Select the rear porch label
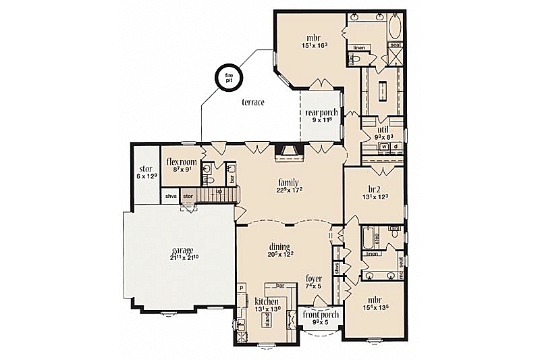[321, 113]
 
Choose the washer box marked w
[383, 146]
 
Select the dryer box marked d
[395, 146]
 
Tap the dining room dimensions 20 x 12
[279, 255]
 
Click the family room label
[288, 182]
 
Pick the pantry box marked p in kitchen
[240, 287]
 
